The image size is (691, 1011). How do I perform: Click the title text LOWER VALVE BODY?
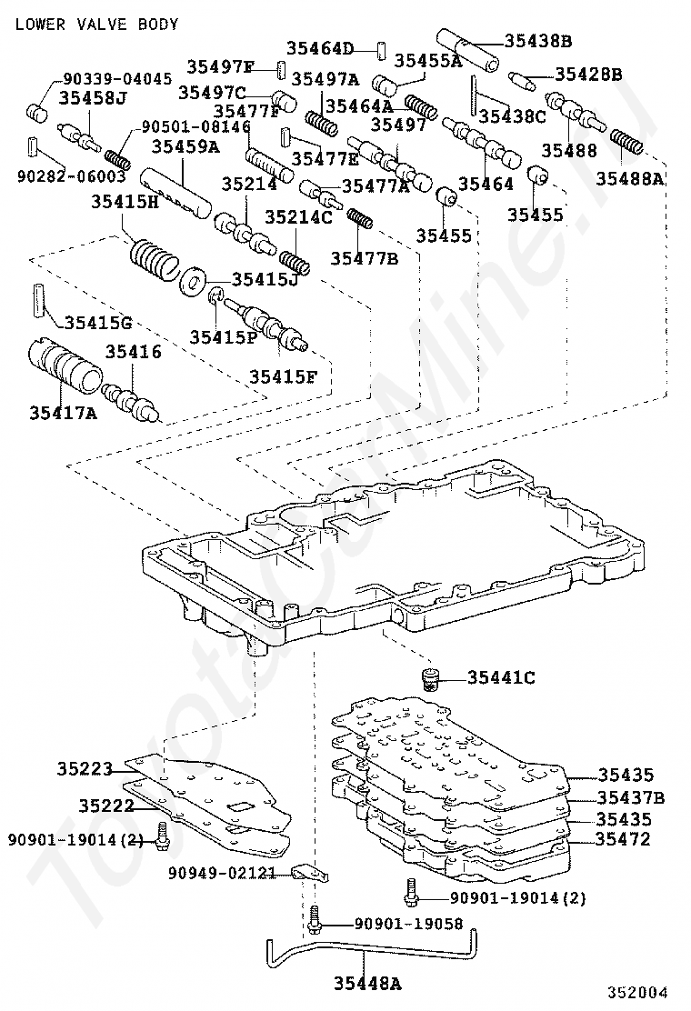pos(96,24)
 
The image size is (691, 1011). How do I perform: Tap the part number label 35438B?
pos(538,41)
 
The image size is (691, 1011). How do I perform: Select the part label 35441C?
pos(502,676)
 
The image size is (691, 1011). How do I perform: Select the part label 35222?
pos(106,806)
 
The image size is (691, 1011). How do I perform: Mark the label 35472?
pos(624,839)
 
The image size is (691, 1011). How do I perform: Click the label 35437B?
pos(630,797)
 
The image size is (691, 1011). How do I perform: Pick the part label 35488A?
pos(630,179)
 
